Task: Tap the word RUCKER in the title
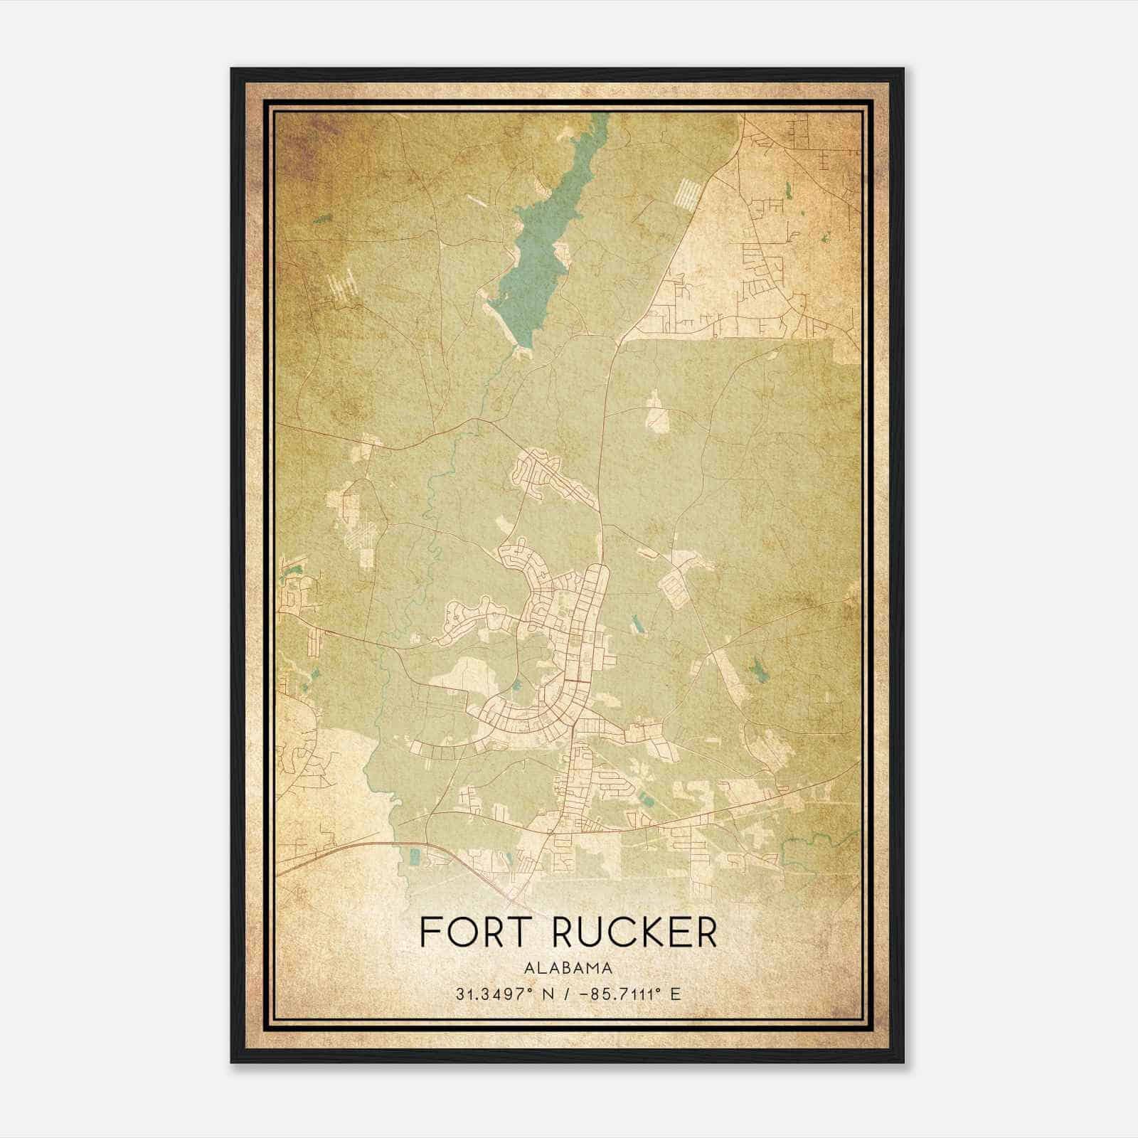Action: pyautogui.click(x=634, y=932)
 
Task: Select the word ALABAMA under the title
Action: pyautogui.click(x=568, y=968)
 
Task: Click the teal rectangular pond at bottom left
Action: pyautogui.click(x=413, y=856)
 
